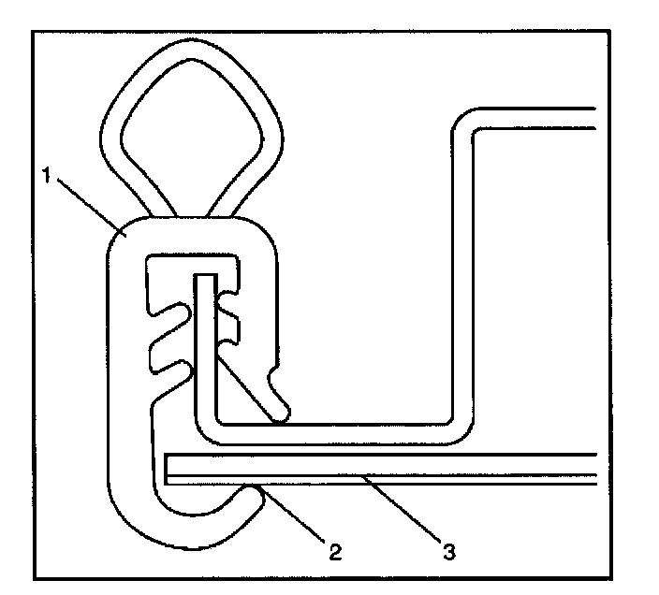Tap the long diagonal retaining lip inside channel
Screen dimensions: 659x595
click(255, 384)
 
